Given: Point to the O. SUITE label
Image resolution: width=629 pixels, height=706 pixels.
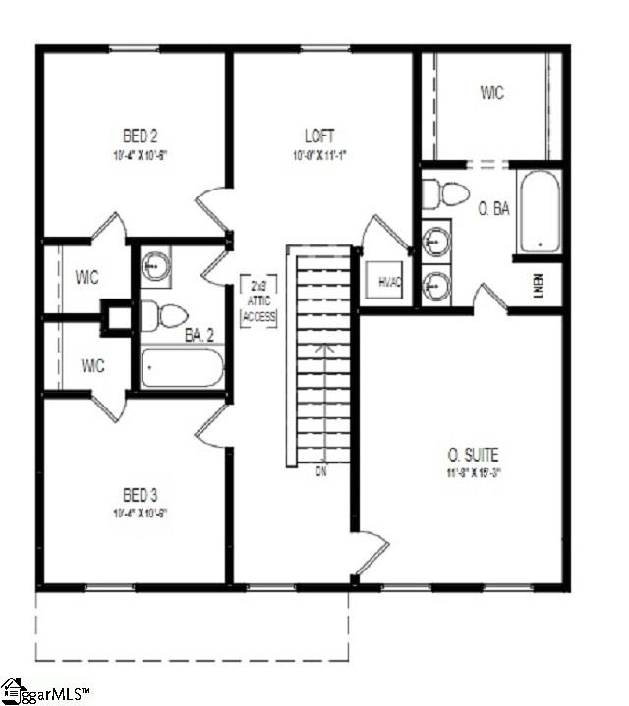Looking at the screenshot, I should click(474, 455).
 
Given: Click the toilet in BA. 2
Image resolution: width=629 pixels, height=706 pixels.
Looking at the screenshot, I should click(164, 316).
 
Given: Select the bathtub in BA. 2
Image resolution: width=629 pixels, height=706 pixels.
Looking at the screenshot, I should click(183, 367).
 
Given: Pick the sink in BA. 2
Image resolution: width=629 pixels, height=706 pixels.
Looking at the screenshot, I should click(155, 264).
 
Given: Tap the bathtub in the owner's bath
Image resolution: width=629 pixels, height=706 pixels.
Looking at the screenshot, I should click(540, 211).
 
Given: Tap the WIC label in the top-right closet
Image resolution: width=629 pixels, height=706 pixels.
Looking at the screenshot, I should click(492, 93).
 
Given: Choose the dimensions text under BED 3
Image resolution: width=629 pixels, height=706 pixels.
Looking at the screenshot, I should click(136, 514).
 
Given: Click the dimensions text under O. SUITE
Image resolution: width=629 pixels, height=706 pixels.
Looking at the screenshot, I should click(474, 471).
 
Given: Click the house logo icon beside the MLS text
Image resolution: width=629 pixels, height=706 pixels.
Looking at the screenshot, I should click(12, 690).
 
